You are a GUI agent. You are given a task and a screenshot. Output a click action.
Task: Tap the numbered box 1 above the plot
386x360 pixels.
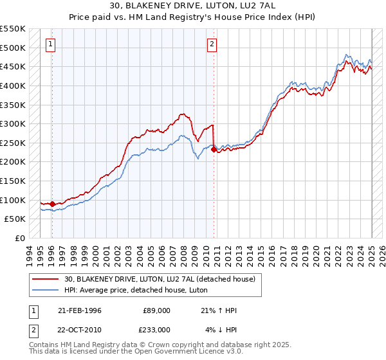(51, 44)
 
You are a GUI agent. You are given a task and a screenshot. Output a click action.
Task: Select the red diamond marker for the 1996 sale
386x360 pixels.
(52, 204)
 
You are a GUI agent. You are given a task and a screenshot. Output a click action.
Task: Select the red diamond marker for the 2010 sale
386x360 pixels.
(214, 149)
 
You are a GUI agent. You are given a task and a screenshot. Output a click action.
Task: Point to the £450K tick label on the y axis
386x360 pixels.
(13, 66)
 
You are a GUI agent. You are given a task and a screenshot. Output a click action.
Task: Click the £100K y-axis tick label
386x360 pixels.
(13, 200)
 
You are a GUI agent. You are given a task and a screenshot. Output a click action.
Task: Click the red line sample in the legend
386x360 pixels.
(46, 279)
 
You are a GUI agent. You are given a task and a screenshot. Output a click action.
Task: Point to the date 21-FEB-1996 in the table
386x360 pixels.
(80, 310)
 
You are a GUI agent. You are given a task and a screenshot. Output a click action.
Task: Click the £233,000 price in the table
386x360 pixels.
(156, 330)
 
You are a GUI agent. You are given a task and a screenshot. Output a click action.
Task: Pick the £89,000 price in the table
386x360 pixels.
(156, 310)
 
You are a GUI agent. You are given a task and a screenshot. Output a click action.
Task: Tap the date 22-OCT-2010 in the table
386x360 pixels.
(80, 330)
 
